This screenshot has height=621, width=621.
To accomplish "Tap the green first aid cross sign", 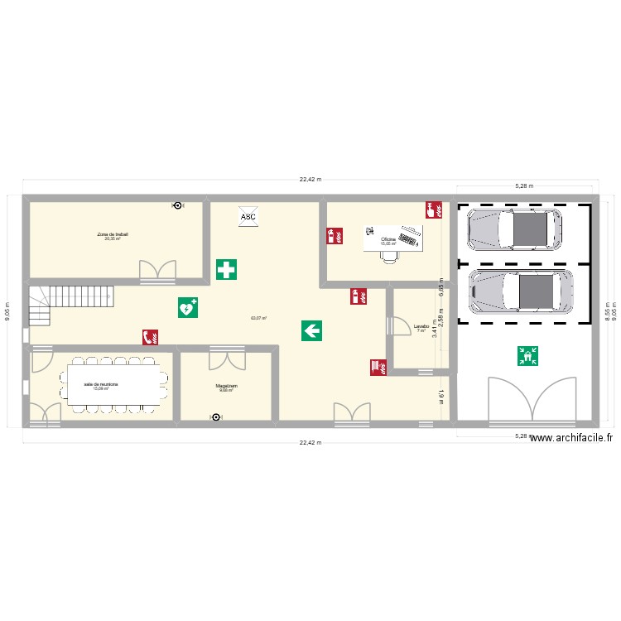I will coord(225,269).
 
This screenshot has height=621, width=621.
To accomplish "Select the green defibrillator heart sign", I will coord(188,307).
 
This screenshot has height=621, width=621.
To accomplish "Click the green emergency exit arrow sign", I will coord(312,331).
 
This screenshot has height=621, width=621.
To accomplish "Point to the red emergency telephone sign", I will coord(151,337).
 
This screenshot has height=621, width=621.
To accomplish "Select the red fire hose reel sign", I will coord(378,367).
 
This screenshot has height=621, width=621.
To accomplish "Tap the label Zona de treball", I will coord(112,234).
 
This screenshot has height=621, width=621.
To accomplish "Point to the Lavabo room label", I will coord(421,326).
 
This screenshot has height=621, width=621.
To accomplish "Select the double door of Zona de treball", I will coord(158,269).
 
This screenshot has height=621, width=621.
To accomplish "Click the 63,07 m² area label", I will coord(258,318).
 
